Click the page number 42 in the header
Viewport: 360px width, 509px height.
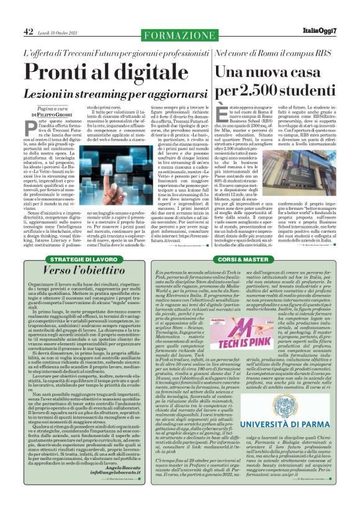(x=29, y=31)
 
